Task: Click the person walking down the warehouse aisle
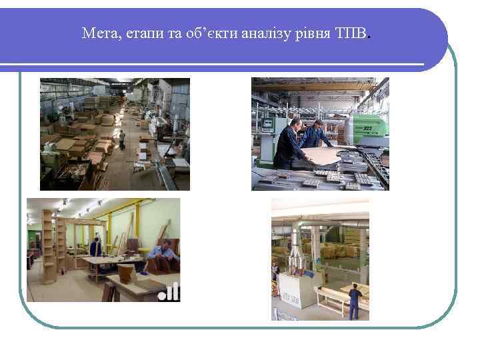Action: pyautogui.click(x=122, y=139)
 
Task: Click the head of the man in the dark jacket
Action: pyautogui.click(x=295, y=121)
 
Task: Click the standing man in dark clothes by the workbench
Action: pyautogui.click(x=96, y=247)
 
